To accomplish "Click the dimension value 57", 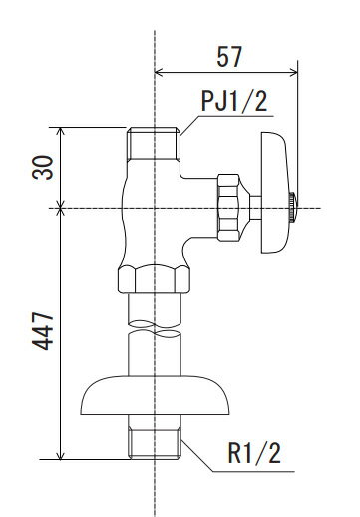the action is point(229,57).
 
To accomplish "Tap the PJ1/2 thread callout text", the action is point(234,101).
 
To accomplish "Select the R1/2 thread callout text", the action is point(254,452).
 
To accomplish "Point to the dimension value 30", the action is point(43,168).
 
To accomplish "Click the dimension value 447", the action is point(43,331).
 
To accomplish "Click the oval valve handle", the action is point(274,193).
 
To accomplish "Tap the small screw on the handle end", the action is point(292,207).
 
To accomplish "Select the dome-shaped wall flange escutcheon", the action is point(155,395).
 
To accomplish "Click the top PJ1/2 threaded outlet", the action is point(154,144).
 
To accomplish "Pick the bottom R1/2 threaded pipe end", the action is point(155,443).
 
